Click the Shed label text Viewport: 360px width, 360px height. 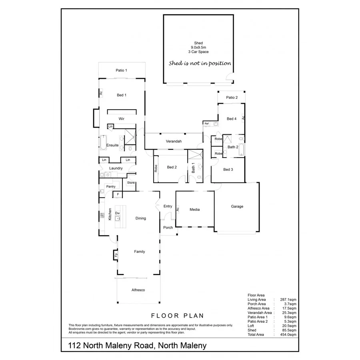[x=198, y=43]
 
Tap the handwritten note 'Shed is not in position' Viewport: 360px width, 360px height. [x=200, y=63]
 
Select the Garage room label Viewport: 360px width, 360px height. [x=237, y=206]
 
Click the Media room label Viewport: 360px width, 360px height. [x=194, y=210]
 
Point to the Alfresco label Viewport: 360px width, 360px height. [x=138, y=290]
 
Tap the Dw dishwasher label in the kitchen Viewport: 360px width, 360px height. [x=118, y=213]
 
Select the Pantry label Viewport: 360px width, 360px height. [x=111, y=186]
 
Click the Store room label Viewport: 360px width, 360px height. [x=131, y=183]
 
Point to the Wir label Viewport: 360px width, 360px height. [x=122, y=119]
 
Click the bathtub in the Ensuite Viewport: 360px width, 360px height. [x=103, y=143]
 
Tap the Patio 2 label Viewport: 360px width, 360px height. [x=232, y=98]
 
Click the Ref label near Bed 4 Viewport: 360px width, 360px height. [x=206, y=124]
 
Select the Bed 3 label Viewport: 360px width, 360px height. [x=228, y=170]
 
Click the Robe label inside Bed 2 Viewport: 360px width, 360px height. [x=156, y=168]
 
